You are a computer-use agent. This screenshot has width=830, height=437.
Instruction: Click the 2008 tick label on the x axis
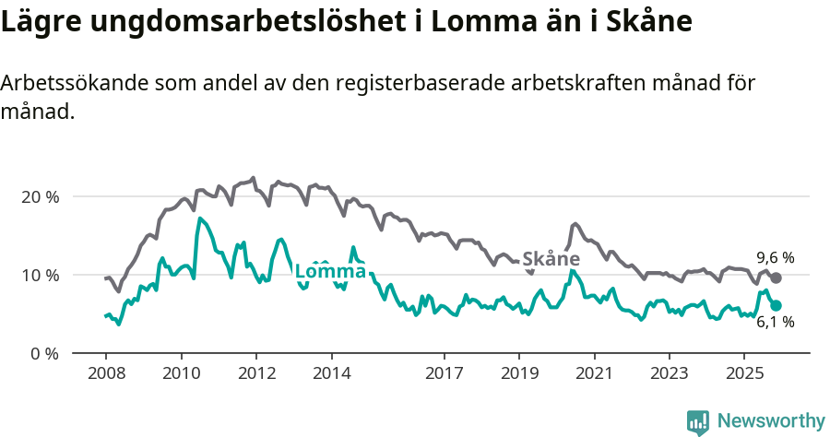coord(105,373)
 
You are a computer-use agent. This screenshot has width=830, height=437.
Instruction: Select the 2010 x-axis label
coord(181,373)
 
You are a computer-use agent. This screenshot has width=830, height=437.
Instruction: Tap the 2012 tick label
coord(256,373)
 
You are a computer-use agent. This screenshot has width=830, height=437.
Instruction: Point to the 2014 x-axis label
coord(331,373)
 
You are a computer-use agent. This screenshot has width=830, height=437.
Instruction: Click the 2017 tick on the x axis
coord(445,373)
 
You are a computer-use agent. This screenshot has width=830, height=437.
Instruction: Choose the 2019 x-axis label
coord(519,373)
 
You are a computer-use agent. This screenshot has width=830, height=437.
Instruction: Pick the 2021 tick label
coord(595,373)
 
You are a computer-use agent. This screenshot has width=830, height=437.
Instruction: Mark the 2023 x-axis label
coord(670,373)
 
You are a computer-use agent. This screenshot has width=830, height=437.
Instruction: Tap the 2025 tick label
coord(745,373)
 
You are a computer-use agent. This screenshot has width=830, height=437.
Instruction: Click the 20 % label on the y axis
coord(40,197)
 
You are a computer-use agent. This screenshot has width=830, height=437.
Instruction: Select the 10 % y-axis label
coord(40,276)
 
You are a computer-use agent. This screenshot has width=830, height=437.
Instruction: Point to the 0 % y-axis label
coord(43,353)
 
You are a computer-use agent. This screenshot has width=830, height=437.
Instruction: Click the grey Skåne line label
coord(551,259)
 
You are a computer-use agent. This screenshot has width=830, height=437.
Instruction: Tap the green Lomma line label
coord(330,271)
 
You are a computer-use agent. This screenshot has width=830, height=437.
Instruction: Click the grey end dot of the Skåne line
coord(777,278)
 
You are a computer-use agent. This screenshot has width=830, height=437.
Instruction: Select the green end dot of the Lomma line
coord(777,305)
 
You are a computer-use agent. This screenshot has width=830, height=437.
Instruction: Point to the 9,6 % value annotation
coord(775,258)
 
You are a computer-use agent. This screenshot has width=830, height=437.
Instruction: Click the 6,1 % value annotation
coord(775,323)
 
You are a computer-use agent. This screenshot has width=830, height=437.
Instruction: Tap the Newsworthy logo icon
coord(698,421)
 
